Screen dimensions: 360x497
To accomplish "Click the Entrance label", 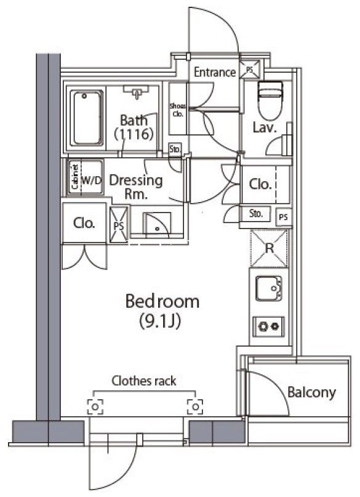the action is (x=215, y=72).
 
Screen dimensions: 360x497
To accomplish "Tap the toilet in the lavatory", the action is (x=270, y=100).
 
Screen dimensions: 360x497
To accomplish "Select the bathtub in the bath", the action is (x=86, y=118).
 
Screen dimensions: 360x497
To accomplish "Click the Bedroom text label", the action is (x=162, y=301).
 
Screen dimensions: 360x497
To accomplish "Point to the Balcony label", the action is (x=311, y=392).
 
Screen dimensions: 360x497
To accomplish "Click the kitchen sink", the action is (x=268, y=288).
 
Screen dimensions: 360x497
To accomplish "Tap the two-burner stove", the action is (x=268, y=326).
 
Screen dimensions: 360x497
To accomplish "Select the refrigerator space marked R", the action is (x=269, y=249).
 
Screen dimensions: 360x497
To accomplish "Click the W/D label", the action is (x=92, y=180).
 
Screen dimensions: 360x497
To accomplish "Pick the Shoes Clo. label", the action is (x=178, y=110).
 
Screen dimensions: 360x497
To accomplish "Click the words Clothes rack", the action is (x=144, y=381).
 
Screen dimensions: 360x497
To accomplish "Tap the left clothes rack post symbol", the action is (x=95, y=406).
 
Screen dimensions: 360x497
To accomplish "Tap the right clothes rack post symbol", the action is (x=195, y=406).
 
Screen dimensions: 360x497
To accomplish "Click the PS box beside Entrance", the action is (x=250, y=69).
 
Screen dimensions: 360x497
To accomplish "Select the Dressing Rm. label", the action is (x=136, y=187).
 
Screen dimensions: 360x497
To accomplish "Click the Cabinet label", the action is (x=75, y=177).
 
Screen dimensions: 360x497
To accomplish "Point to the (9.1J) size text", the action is (x=159, y=321).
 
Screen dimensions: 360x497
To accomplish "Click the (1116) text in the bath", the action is (x=134, y=134).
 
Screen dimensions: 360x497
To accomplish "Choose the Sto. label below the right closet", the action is (x=256, y=214).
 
